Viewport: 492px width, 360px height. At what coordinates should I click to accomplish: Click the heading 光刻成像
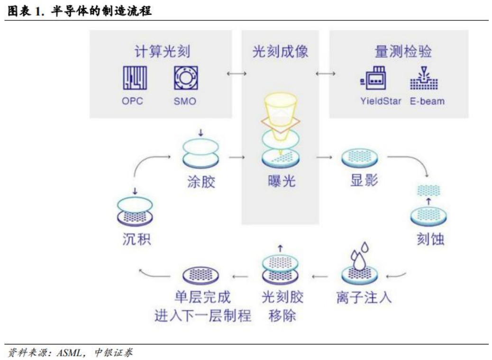click(280, 51)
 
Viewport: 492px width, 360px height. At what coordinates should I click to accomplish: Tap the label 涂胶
click(200, 181)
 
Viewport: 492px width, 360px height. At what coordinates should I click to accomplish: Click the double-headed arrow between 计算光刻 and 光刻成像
click(237, 74)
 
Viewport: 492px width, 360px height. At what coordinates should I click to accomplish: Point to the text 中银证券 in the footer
click(114, 352)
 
